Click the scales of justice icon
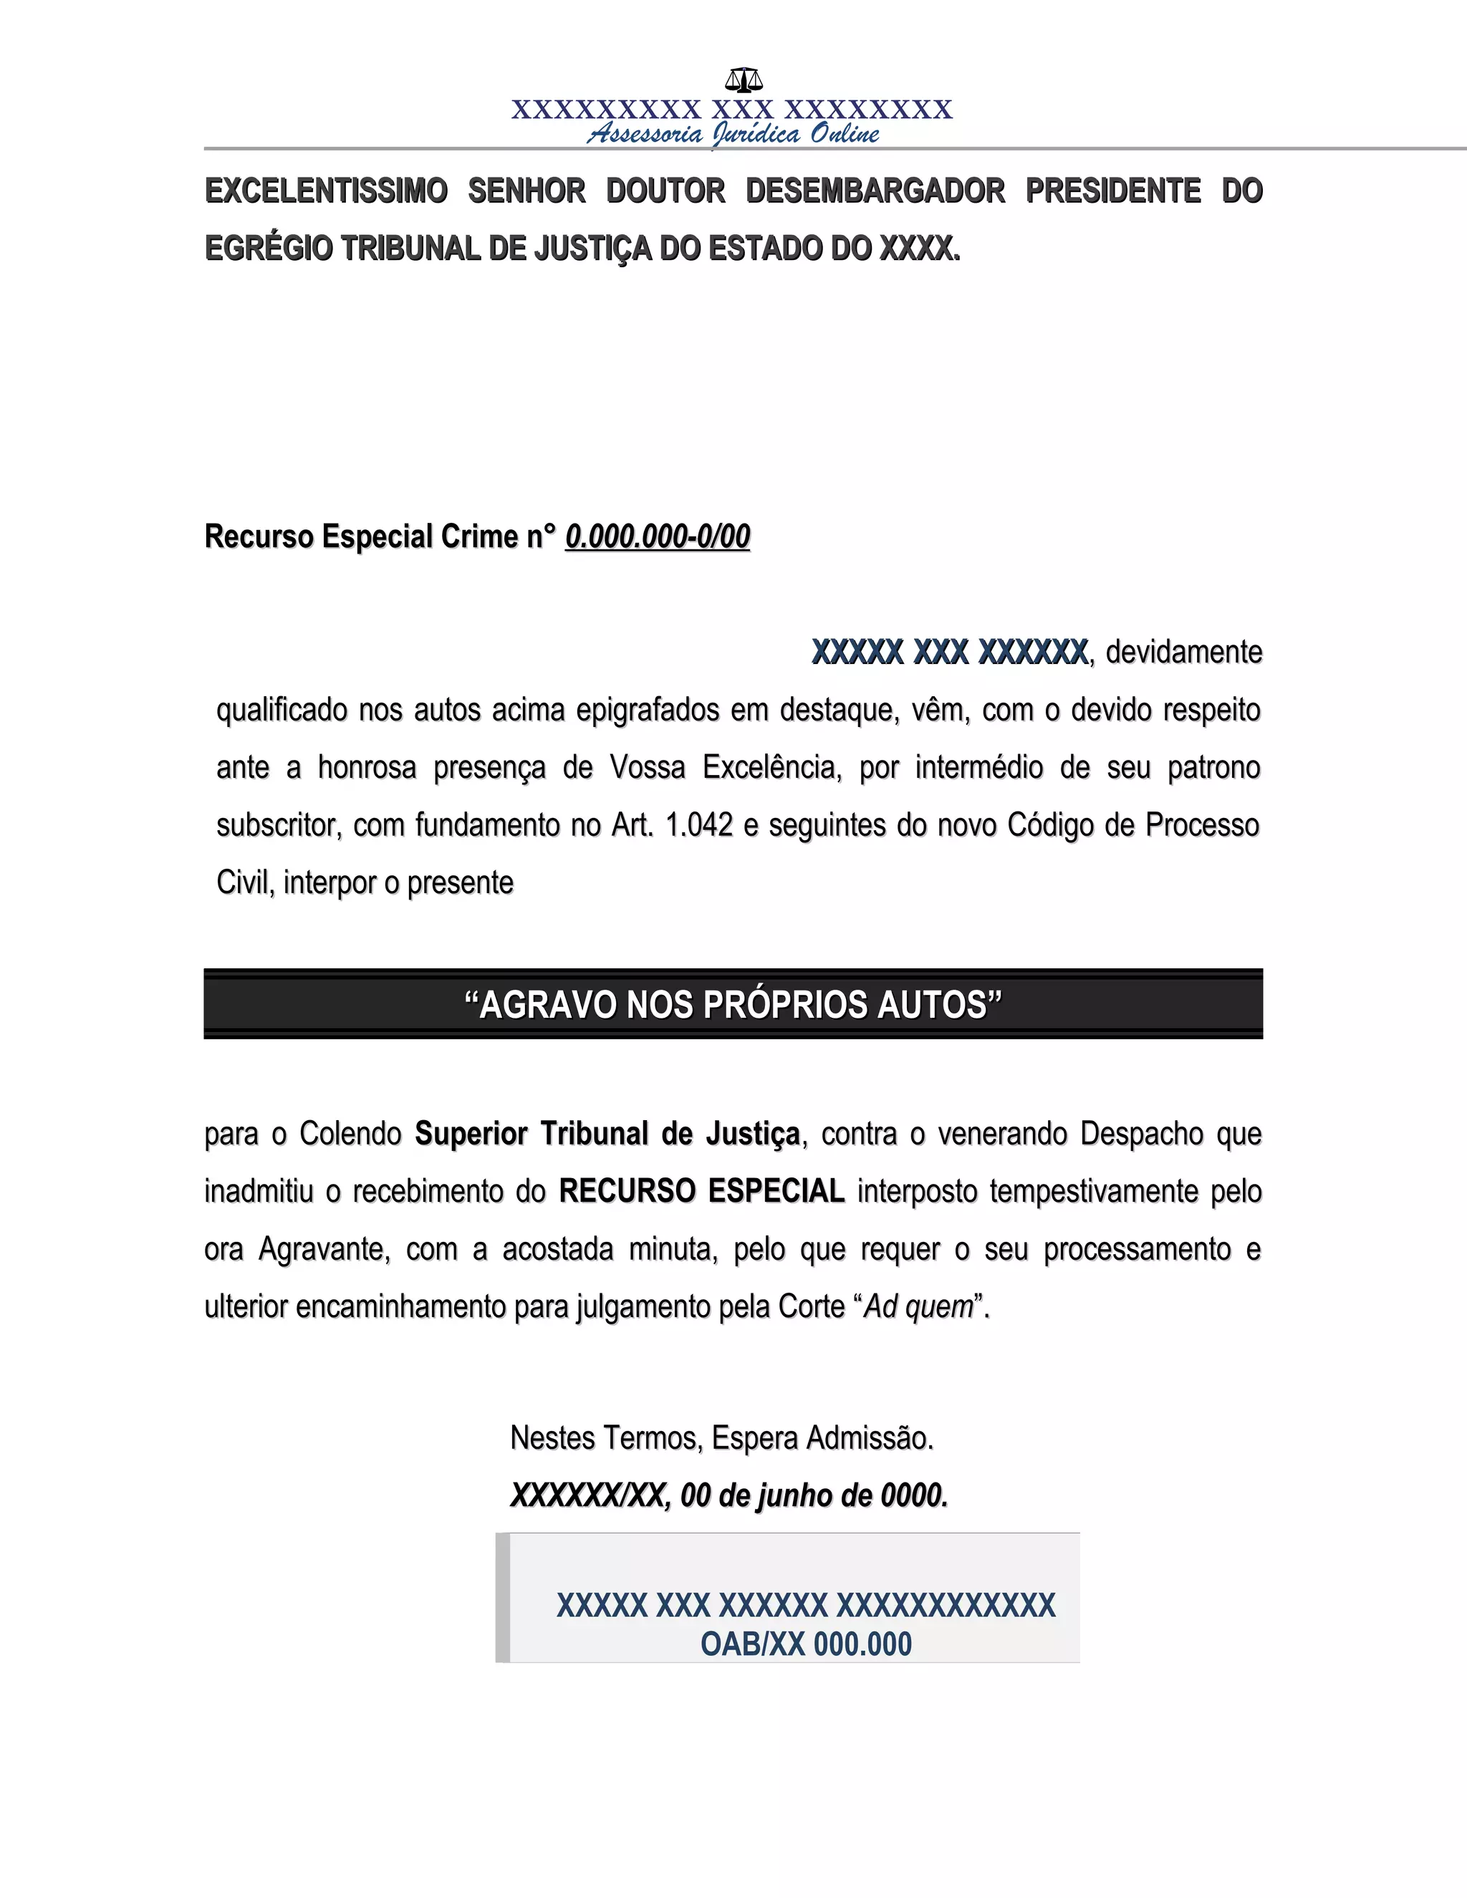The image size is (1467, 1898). tap(744, 80)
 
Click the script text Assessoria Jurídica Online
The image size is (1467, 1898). tap(733, 134)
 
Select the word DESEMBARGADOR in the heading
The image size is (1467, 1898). tap(875, 191)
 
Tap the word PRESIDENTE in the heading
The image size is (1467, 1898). tap(1113, 191)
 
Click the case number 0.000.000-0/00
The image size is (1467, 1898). tap(657, 537)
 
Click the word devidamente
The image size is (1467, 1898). tap(1183, 652)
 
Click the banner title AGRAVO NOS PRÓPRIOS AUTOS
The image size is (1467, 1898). tap(733, 1005)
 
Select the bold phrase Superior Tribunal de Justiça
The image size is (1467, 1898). tap(607, 1134)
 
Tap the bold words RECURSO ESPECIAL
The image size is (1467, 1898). tap(701, 1192)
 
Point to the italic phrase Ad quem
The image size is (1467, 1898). tap(918, 1307)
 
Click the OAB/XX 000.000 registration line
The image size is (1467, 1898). tap(806, 1644)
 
